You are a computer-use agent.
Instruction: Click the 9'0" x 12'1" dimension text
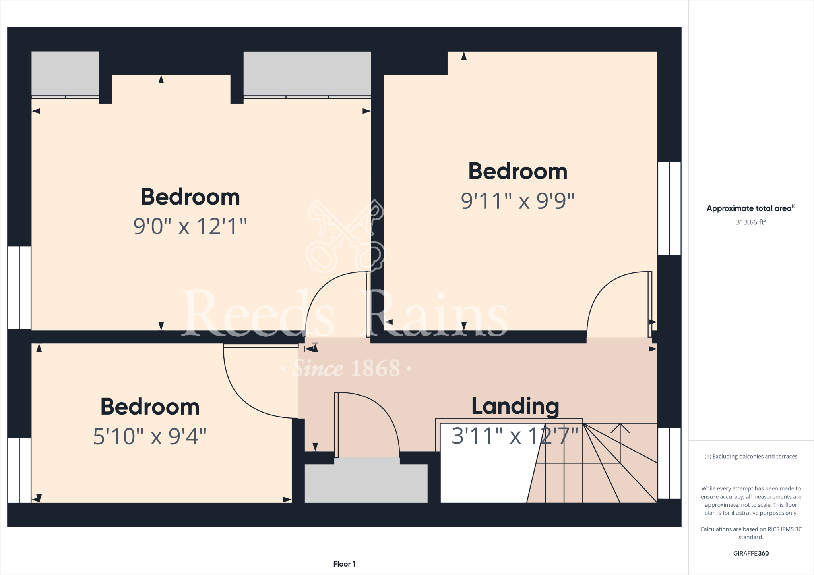point(190,226)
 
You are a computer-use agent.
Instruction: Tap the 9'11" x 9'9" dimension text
point(517,201)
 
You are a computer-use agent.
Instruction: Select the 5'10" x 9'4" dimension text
point(150,436)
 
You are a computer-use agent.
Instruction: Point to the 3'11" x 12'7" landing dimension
point(515,436)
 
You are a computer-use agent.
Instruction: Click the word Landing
point(515,406)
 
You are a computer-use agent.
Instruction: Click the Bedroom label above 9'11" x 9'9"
point(517,172)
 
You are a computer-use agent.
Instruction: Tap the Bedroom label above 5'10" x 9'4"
point(150,407)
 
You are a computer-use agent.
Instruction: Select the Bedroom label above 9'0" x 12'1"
point(190,197)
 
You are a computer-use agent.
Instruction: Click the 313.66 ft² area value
point(750,222)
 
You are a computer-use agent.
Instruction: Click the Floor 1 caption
point(344,564)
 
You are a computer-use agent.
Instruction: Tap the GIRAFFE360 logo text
point(751,553)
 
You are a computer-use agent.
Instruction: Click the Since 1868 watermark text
point(346,369)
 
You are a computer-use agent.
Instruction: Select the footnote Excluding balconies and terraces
point(751,457)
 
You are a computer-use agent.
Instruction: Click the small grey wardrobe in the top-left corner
point(65,73)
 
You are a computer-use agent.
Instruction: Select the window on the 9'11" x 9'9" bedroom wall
point(669,208)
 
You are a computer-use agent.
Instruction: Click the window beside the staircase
point(669,463)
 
